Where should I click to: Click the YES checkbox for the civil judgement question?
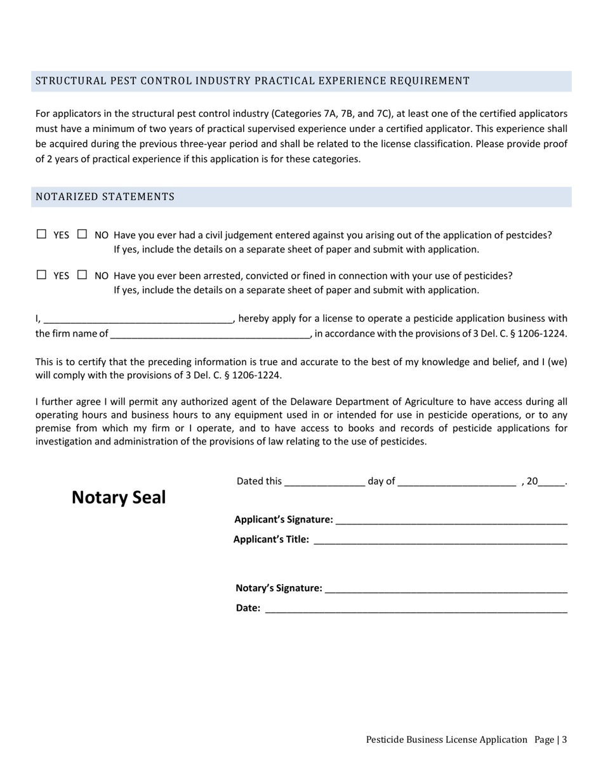pos(42,234)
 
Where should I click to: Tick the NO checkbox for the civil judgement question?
pos(82,234)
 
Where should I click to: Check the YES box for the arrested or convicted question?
pos(42,275)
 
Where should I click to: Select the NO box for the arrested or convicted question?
pos(82,275)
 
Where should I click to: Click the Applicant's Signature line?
pos(451,520)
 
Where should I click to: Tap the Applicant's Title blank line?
pos(440,540)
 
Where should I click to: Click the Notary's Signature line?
pos(446,589)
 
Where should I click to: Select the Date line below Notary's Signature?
pos(416,608)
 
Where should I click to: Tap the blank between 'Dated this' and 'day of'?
pos(325,481)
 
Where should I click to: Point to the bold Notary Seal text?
pos(118,497)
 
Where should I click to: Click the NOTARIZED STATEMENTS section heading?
pos(105,197)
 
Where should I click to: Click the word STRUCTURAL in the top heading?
pos(65,81)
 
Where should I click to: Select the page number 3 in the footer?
pos(564,740)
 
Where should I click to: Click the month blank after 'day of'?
pos(456,481)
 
